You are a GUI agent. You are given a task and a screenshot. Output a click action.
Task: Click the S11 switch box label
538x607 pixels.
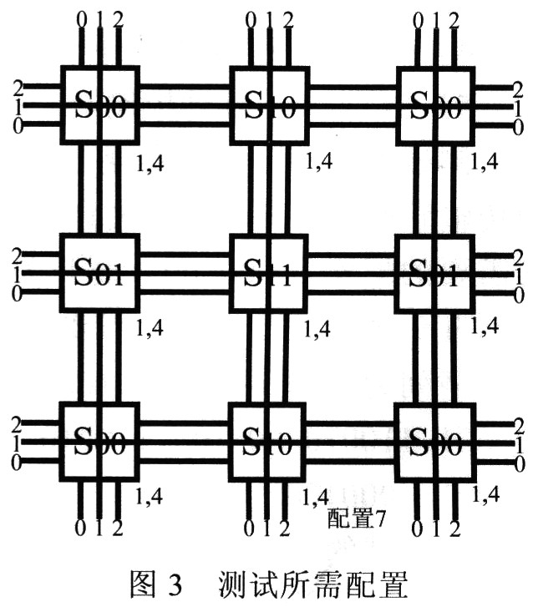pyautogui.click(x=267, y=274)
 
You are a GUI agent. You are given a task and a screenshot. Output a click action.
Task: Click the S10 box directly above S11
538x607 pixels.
pyautogui.click(x=267, y=106)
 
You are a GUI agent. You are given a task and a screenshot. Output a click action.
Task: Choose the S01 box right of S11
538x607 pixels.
pyautogui.click(x=434, y=274)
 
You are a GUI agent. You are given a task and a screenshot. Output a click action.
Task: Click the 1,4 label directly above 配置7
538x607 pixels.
pyautogui.click(x=314, y=496)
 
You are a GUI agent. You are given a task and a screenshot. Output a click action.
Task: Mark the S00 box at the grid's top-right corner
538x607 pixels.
pyautogui.click(x=434, y=106)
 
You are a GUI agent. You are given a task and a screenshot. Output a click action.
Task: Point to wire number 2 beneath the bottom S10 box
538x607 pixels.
pyautogui.click(x=287, y=529)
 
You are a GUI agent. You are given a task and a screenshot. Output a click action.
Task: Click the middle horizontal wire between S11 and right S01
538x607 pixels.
pyautogui.click(x=351, y=274)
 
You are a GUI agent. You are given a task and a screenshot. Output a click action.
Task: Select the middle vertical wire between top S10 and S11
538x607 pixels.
pyautogui.click(x=267, y=188)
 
